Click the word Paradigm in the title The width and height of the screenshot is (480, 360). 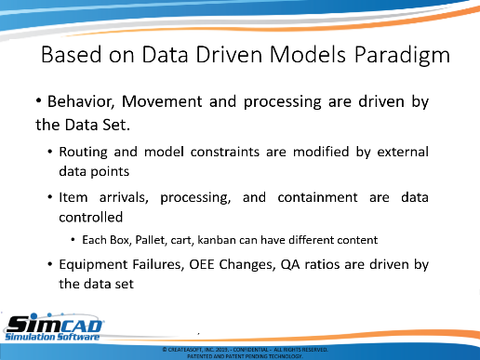402,55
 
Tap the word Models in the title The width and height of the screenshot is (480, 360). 308,55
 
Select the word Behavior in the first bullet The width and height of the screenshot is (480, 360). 81,101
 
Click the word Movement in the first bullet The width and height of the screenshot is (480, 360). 162,101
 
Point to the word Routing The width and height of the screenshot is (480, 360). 83,153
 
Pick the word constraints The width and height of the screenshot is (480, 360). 225,152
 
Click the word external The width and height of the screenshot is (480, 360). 403,152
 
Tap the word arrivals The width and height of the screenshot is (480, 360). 124,197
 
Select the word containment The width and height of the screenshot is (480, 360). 317,197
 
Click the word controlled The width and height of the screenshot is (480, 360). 91,217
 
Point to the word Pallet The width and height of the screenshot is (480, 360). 150,240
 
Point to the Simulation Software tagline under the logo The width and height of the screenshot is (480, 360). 52,337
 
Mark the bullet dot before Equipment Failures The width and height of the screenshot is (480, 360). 50,264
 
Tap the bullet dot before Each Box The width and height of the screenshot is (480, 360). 73,240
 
